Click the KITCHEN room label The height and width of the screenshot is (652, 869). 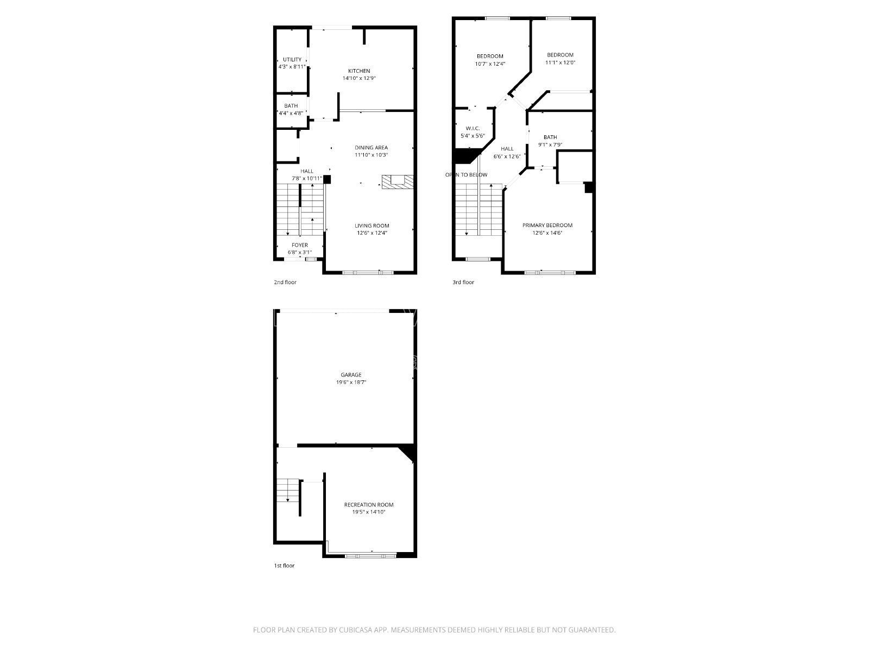click(359, 71)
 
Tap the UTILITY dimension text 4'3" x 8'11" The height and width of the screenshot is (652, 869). click(292, 67)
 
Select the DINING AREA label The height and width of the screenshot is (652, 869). click(371, 147)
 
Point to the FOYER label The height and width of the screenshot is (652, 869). click(299, 245)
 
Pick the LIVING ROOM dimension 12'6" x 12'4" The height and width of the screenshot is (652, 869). click(371, 233)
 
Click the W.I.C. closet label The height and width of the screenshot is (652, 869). click(472, 128)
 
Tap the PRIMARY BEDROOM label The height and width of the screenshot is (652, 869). click(547, 225)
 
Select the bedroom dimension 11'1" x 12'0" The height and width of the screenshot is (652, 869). click(560, 62)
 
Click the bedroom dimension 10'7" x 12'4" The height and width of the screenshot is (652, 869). click(490, 64)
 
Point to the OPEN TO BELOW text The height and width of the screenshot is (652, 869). click(466, 175)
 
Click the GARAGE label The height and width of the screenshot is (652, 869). click(351, 375)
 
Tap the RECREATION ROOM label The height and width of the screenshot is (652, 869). click(369, 505)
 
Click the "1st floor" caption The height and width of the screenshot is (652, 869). click(284, 566)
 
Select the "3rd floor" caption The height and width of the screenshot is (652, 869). click(463, 283)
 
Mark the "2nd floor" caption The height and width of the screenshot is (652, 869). click(285, 283)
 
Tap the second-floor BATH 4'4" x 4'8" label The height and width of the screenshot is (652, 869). click(291, 106)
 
